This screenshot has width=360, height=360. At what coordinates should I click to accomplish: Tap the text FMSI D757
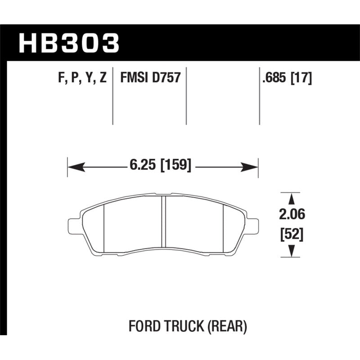coord(150,78)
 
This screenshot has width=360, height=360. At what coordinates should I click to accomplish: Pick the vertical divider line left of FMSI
coord(112,97)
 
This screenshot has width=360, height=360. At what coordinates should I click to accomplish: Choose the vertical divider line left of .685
coord(260,97)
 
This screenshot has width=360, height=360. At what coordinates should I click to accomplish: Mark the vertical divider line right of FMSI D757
coord(186,97)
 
